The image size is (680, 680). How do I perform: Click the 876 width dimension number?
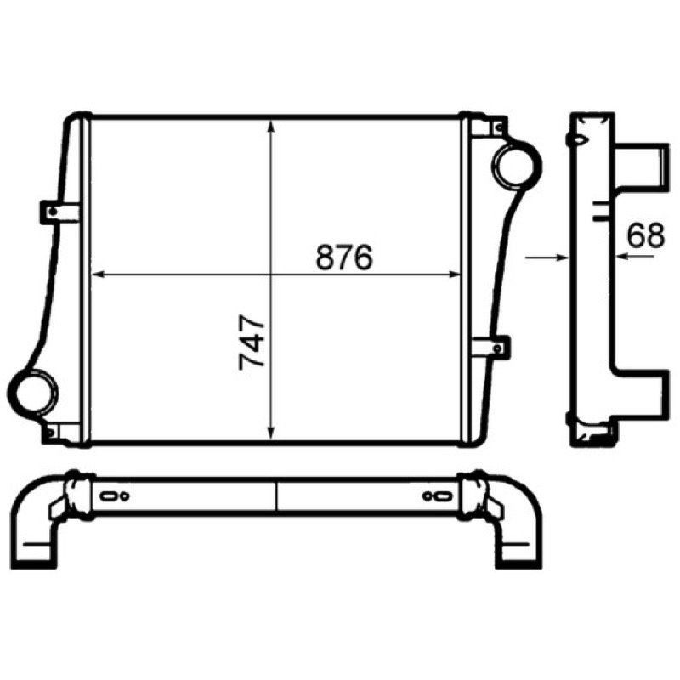pyautogui.click(x=344, y=257)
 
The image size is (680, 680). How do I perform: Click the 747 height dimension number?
pyautogui.click(x=252, y=342)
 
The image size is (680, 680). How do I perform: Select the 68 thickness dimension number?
pyautogui.click(x=645, y=235)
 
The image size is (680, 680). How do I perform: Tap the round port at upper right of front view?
pyautogui.click(x=517, y=166)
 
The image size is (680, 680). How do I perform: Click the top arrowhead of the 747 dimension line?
pyautogui.click(x=271, y=126)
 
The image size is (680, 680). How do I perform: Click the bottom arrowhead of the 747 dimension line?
pyautogui.click(x=271, y=433)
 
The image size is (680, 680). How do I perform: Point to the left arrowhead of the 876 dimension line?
pyautogui.click(x=98, y=274)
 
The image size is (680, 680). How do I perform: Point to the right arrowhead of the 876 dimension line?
pyautogui.click(x=454, y=274)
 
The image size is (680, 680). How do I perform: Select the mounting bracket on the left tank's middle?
pyautogui.click(x=59, y=212)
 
